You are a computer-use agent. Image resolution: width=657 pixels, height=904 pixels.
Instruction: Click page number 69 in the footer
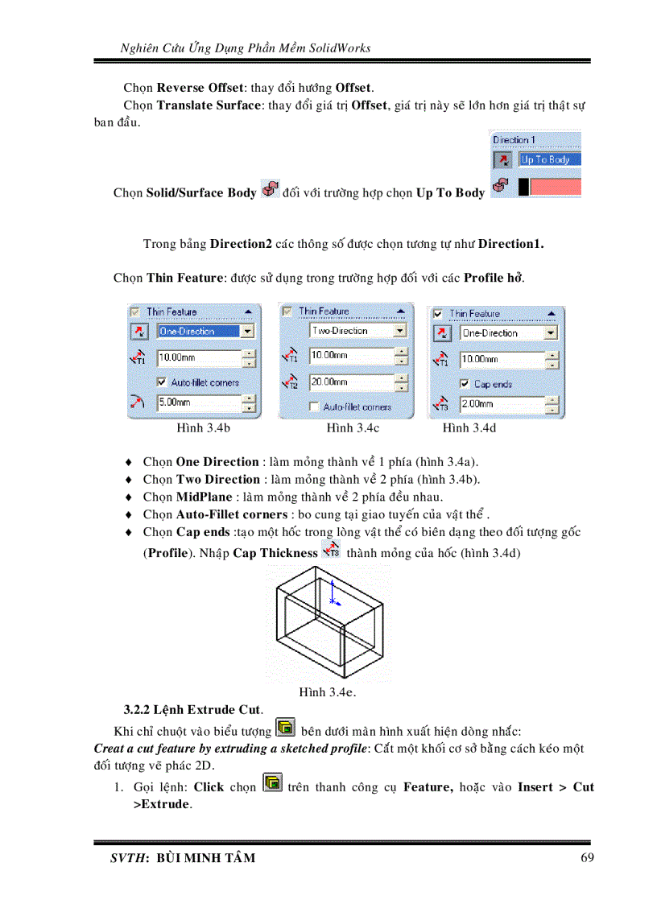click(587, 857)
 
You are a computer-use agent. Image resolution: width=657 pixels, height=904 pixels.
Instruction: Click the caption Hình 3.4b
click(204, 428)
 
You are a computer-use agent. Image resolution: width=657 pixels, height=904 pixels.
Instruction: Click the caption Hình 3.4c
click(353, 428)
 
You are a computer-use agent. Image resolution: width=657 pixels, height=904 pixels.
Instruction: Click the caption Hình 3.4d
click(469, 428)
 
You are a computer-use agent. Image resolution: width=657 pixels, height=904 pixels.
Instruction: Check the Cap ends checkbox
click(465, 384)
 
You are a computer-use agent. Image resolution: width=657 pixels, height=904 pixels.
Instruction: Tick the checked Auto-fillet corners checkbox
click(162, 382)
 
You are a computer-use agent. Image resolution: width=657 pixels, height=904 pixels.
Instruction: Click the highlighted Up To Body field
click(547, 159)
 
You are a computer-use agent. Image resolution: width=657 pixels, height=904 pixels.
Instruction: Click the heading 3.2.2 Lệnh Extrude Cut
click(193, 710)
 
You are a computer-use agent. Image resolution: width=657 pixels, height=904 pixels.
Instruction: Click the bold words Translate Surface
click(209, 105)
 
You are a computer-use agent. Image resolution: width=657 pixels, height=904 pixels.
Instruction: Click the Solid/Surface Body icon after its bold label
click(270, 191)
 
